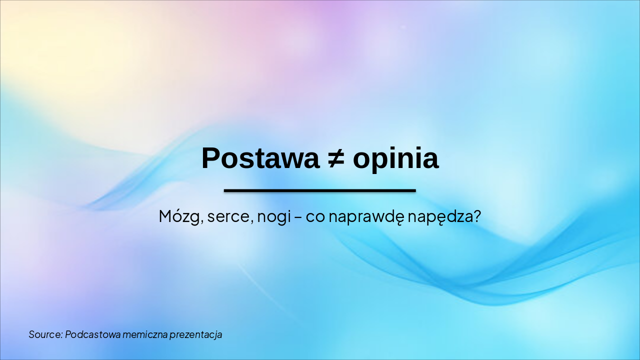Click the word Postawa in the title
point(260,158)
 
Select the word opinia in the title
point(395,159)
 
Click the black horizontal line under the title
point(320,190)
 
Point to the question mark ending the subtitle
point(476,216)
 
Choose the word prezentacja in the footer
point(195,334)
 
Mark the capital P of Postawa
point(211,158)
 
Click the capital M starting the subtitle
point(165,216)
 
